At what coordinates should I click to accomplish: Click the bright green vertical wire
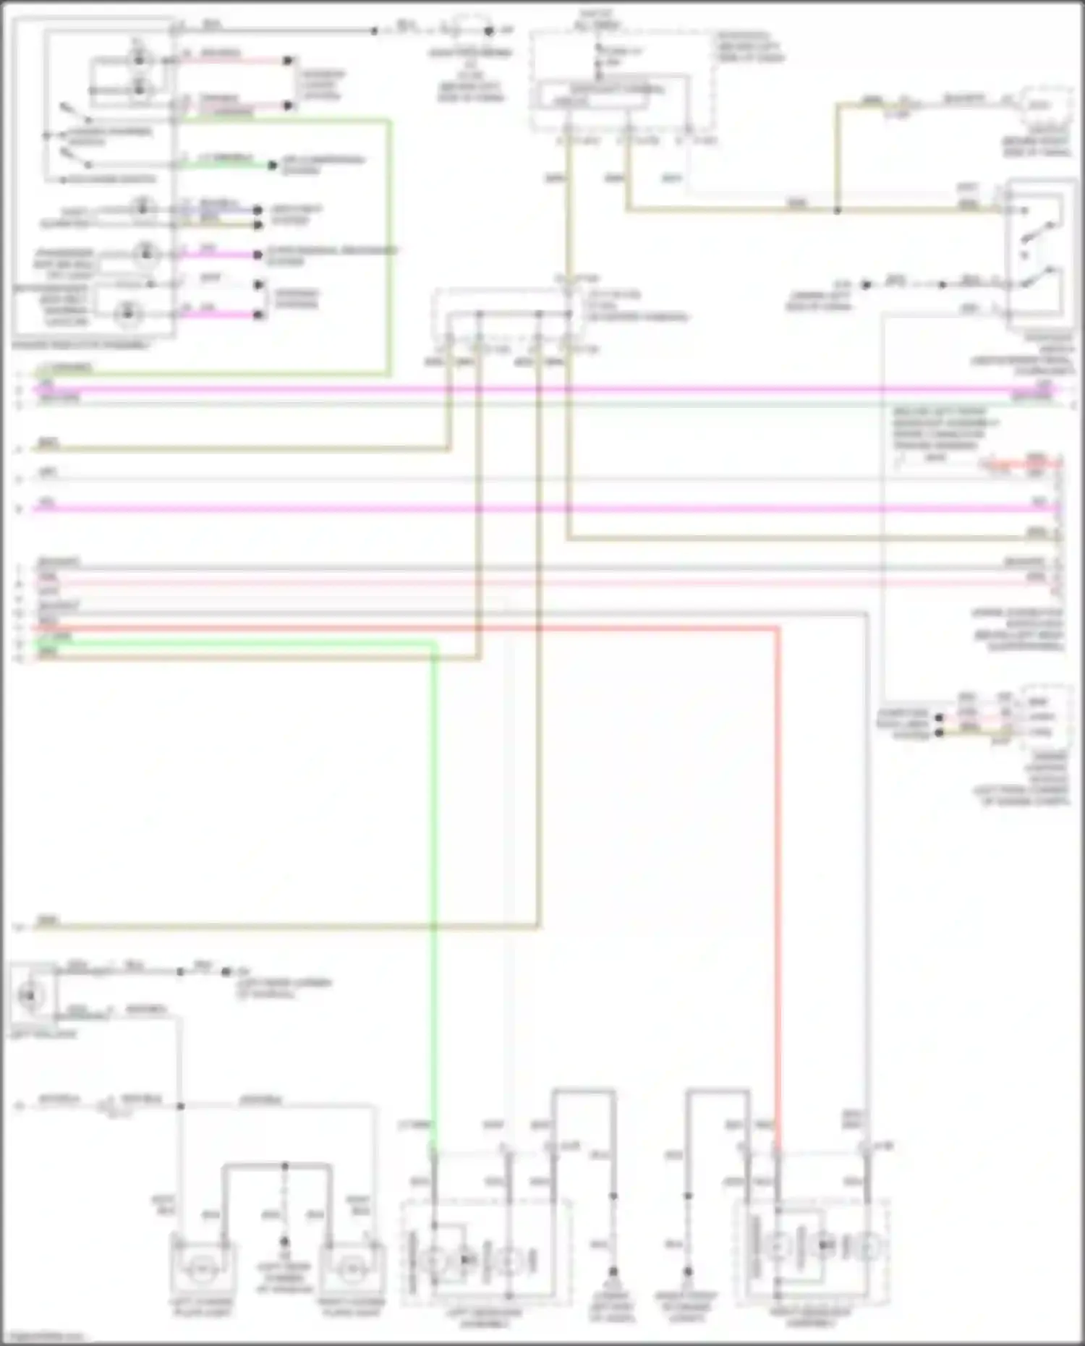click(x=434, y=868)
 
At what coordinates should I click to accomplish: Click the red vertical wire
click(x=778, y=868)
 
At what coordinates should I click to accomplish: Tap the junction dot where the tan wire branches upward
click(x=837, y=210)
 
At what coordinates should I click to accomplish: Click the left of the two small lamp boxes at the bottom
click(x=203, y=1269)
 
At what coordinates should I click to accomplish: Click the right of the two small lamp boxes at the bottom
click(x=352, y=1269)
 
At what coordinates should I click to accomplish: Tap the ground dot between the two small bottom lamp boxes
click(x=284, y=1242)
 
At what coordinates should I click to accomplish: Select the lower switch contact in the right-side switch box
click(x=1042, y=278)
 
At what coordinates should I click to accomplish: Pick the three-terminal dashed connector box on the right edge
click(x=1046, y=716)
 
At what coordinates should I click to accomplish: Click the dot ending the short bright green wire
click(x=272, y=166)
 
